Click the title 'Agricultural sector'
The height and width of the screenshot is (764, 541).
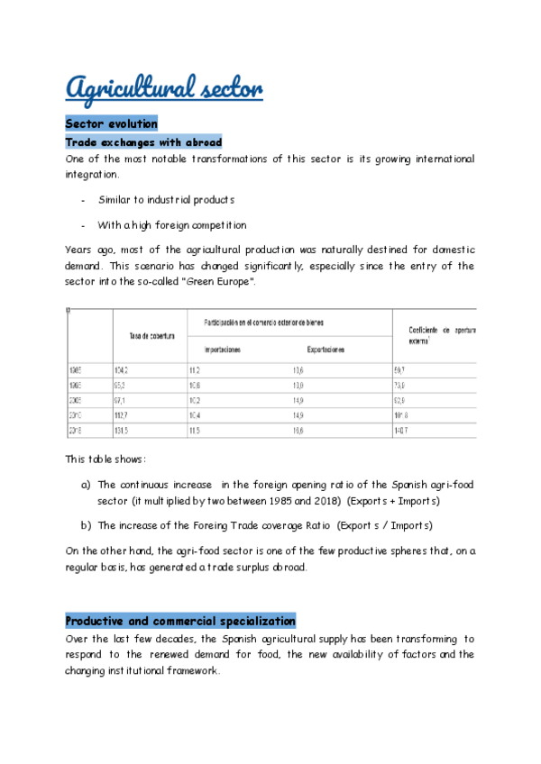(163, 89)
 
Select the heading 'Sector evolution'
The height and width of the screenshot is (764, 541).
(111, 123)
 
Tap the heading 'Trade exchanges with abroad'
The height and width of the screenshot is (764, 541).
(143, 142)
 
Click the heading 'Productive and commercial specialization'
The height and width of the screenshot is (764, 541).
(180, 621)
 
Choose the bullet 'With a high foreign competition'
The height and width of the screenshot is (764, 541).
(172, 225)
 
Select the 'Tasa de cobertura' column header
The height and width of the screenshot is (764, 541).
(151, 336)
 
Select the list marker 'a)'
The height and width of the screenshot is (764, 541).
(87, 485)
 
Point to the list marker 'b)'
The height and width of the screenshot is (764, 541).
(87, 524)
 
